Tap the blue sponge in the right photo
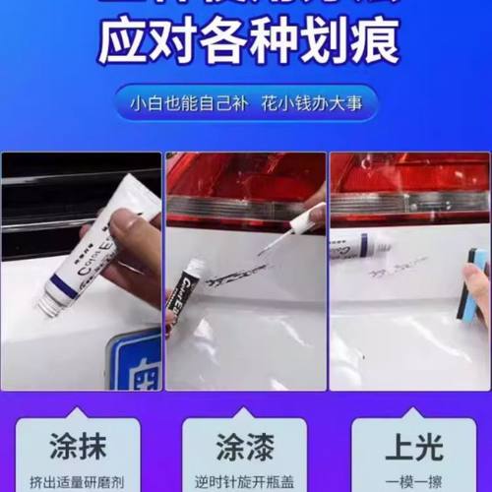[476, 285]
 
